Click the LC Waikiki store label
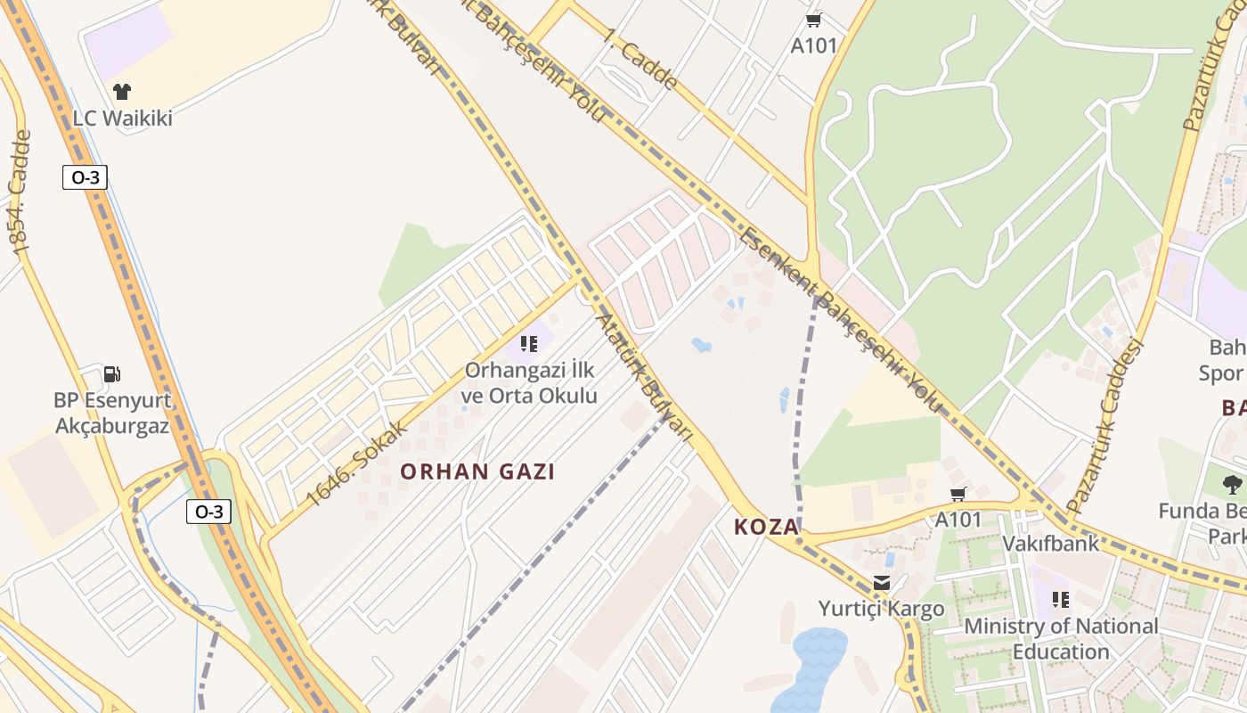pyautogui.click(x=122, y=118)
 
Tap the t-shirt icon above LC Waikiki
pyautogui.click(x=122, y=91)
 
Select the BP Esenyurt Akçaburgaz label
pyautogui.click(x=112, y=413)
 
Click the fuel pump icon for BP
pyautogui.click(x=112, y=374)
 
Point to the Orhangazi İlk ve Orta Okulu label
pyautogui.click(x=530, y=382)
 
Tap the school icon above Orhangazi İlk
pyautogui.click(x=530, y=343)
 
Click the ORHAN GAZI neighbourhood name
pyautogui.click(x=477, y=471)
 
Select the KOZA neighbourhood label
pyautogui.click(x=766, y=527)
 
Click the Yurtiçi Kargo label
pyautogui.click(x=881, y=609)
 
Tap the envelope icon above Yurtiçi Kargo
pyautogui.click(x=882, y=583)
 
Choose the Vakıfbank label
pyautogui.click(x=1050, y=543)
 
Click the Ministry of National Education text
pyautogui.click(x=1061, y=638)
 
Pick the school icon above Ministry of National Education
pyautogui.click(x=1060, y=599)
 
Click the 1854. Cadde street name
pyautogui.click(x=20, y=193)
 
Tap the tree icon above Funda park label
pyautogui.click(x=1233, y=485)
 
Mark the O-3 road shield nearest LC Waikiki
pyautogui.click(x=85, y=177)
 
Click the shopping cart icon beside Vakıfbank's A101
pyautogui.click(x=958, y=494)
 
